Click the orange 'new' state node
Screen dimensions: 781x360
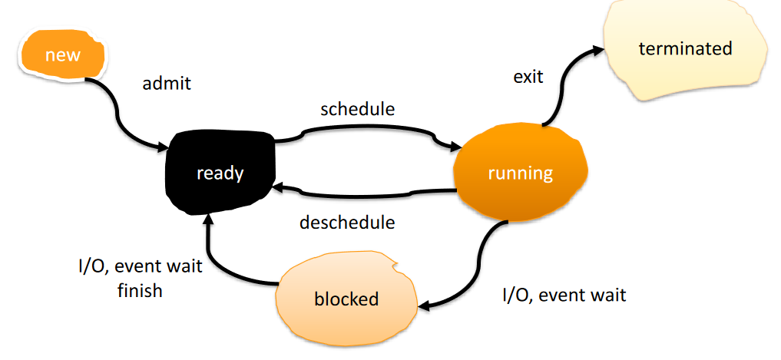click(62, 54)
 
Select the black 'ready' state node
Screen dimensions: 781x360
click(220, 172)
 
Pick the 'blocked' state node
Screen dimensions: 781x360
click(346, 299)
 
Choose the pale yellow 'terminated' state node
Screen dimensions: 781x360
click(685, 49)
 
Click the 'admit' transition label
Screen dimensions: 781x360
click(167, 83)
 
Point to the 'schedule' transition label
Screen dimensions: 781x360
click(358, 109)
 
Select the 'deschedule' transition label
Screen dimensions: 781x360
click(347, 222)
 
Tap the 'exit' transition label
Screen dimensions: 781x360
click(528, 78)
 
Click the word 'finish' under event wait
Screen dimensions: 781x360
click(140, 290)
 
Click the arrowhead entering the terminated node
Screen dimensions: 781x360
click(598, 49)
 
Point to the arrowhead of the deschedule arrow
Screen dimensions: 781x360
click(276, 188)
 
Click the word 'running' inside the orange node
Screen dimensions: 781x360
click(521, 173)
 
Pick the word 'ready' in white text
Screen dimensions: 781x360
click(220, 173)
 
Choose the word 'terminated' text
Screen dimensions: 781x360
click(685, 49)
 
